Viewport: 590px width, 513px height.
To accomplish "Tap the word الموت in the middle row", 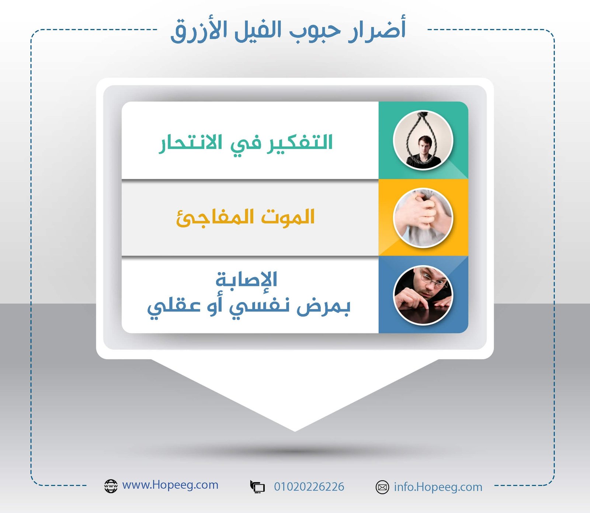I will [288, 217].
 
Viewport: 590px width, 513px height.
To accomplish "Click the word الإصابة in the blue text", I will [246, 280].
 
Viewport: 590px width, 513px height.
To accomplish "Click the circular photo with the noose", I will [423, 140].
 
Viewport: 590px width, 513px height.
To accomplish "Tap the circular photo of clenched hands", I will [423, 218].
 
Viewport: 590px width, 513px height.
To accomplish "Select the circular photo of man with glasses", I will [423, 295].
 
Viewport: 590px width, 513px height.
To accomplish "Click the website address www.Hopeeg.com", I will [170, 485].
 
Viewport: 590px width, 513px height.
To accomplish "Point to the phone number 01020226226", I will [309, 487].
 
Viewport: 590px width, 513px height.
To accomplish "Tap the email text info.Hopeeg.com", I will [438, 487].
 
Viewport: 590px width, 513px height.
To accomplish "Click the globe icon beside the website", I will [111, 486].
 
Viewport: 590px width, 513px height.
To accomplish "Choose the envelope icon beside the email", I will [382, 487].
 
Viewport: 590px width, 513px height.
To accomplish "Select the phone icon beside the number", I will [257, 487].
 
